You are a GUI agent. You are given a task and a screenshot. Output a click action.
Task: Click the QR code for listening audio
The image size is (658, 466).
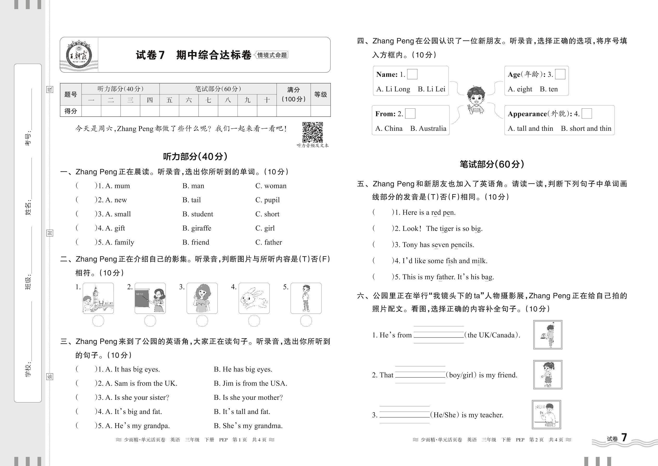tap(313, 132)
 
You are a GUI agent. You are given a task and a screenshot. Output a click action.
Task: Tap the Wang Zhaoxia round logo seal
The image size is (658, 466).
tap(79, 55)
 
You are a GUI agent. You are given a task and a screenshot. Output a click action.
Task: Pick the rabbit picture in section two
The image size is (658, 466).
tap(254, 298)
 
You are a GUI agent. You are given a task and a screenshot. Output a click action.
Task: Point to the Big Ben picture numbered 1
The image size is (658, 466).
tap(98, 298)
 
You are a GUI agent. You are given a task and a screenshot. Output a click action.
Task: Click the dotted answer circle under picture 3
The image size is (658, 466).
tap(202, 321)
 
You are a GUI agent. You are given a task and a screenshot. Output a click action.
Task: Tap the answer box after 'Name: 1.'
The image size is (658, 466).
tap(412, 74)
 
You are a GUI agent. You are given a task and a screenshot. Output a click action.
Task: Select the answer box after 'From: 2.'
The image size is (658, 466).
tap(410, 114)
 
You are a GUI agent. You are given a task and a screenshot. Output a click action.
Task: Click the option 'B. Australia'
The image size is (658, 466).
tap(428, 129)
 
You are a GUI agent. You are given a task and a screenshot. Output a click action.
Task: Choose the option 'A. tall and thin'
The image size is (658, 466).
tap(530, 129)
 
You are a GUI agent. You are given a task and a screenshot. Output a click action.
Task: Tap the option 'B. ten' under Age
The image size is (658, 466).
tap(549, 89)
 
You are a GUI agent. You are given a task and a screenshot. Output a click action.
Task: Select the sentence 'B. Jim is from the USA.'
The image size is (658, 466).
tap(250, 383)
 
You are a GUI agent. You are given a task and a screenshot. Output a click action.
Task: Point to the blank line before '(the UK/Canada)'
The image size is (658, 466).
tap(438, 334)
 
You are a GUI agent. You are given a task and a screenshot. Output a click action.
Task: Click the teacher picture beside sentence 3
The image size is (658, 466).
tap(546, 414)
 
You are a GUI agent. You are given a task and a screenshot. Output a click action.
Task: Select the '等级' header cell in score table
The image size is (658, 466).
tap(320, 94)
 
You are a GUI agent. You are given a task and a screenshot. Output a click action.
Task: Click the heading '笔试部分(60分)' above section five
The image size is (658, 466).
tap(492, 164)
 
